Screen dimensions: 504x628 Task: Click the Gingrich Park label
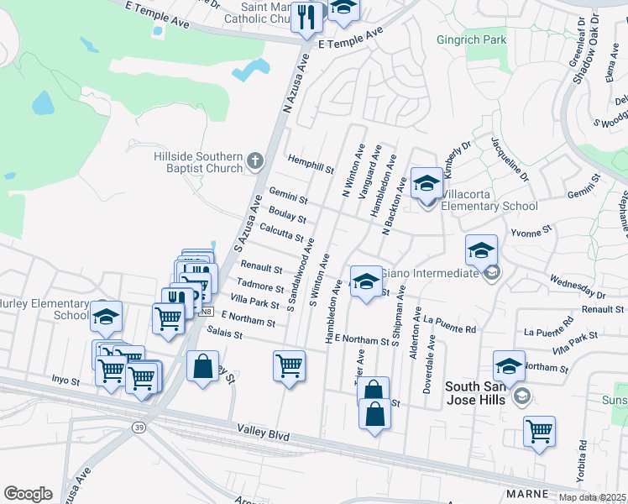[471, 39]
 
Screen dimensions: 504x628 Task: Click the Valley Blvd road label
[266, 437]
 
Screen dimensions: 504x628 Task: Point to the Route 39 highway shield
[137, 428]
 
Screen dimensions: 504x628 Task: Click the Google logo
[28, 494]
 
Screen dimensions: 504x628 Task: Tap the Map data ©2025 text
[593, 497]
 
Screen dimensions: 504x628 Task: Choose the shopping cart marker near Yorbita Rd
[539, 431]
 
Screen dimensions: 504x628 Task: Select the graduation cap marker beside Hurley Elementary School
[106, 317]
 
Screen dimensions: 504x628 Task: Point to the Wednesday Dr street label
[577, 287]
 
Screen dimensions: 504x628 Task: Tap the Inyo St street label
[65, 381]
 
